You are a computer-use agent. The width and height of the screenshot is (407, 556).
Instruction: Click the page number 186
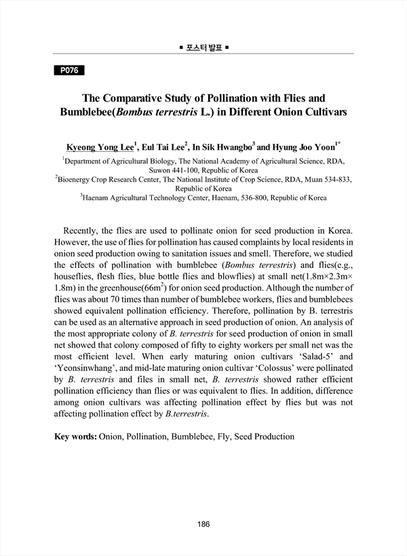click(x=203, y=524)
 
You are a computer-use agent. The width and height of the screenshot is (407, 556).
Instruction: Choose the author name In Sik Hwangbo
click(x=223, y=146)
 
